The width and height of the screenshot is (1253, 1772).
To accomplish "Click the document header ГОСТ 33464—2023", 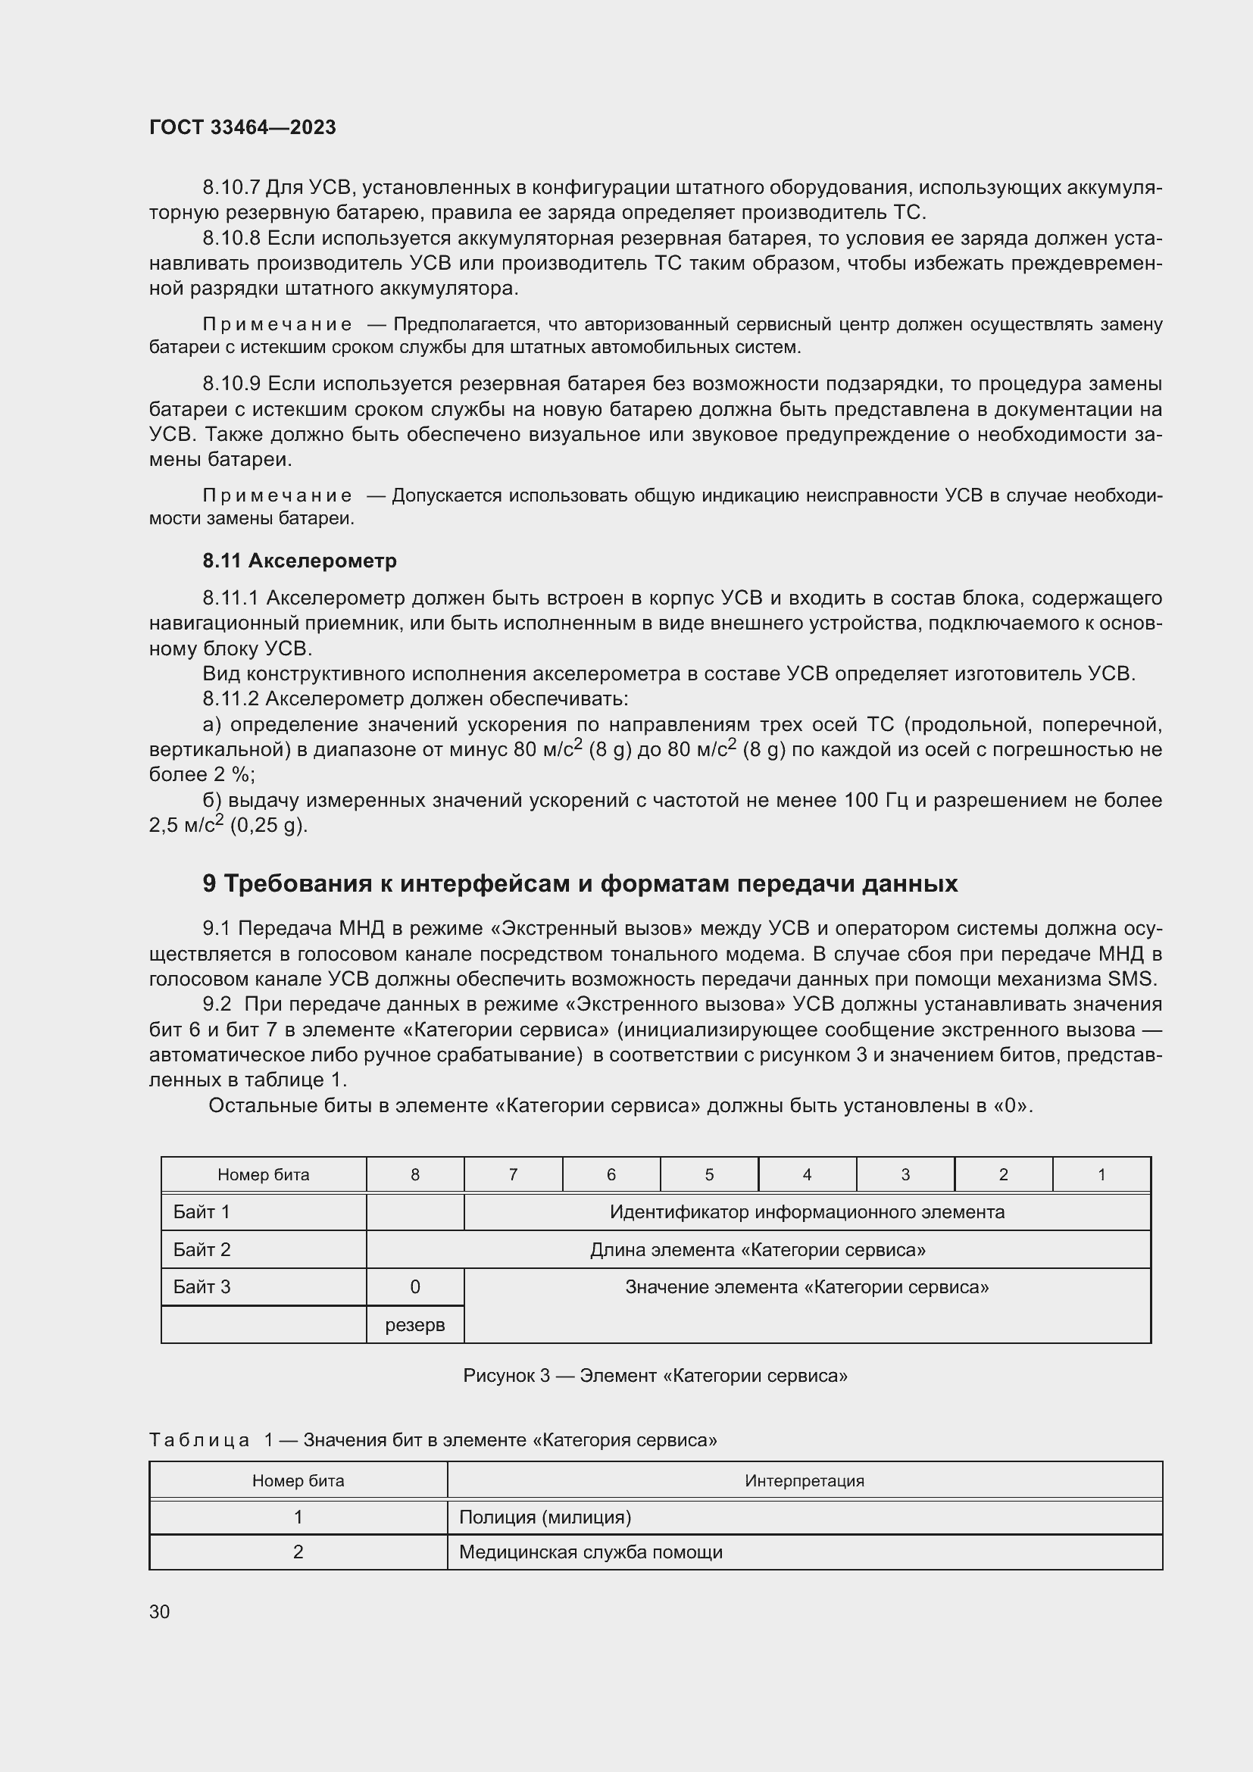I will point(242,127).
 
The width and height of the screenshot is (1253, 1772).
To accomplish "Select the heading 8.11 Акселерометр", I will point(299,561).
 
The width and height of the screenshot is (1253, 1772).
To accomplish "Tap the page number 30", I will point(160,1611).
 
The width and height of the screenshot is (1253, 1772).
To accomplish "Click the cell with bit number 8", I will point(415,1175).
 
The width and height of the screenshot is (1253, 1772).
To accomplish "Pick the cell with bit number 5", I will point(709,1175).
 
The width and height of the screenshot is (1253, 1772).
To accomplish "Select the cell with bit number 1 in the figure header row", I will point(1101,1175).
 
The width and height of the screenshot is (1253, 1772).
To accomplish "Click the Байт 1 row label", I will point(202,1211).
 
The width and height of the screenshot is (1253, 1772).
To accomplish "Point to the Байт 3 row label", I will point(202,1286).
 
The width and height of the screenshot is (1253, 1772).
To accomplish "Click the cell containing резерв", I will point(415,1325).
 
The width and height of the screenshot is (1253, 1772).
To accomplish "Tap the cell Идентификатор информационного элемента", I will point(807,1211).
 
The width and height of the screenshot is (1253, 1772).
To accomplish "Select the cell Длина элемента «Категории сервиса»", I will point(758,1249).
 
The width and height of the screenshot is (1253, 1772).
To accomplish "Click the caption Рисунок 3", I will point(506,1375).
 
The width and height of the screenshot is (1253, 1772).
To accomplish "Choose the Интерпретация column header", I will point(804,1480).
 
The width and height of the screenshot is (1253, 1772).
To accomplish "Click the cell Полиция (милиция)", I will point(545,1517).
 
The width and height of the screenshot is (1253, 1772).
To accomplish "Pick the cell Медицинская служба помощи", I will point(590,1552).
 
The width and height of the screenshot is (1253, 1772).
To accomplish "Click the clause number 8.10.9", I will point(232,383).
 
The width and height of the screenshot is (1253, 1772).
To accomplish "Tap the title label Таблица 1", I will point(211,1439).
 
